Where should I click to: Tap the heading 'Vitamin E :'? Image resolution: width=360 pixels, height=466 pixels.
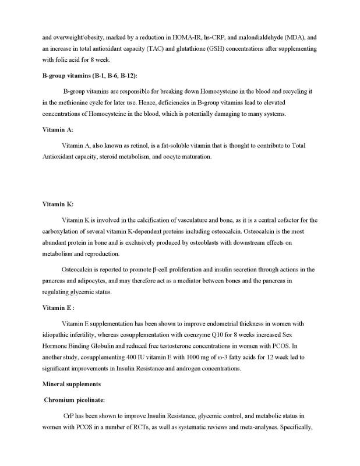click(x=58, y=307)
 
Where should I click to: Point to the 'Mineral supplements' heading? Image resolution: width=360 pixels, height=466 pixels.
click(x=73, y=385)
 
